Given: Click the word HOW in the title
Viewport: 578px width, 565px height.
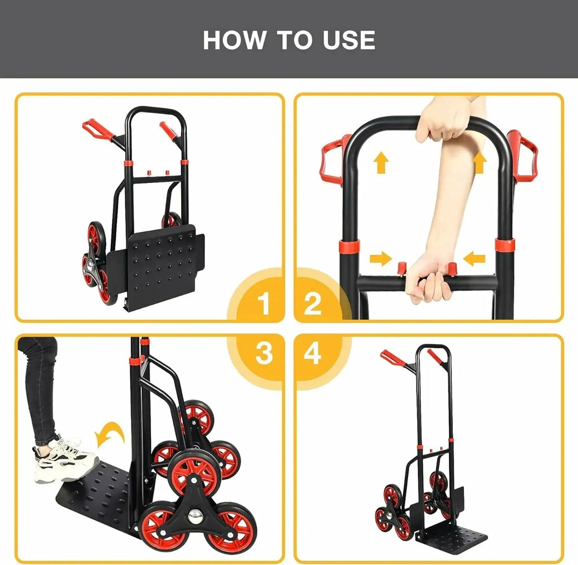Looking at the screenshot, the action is click(x=234, y=40).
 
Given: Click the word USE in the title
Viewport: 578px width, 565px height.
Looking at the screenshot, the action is click(x=349, y=40).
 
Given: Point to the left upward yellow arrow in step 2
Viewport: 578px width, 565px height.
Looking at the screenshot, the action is click(x=381, y=163).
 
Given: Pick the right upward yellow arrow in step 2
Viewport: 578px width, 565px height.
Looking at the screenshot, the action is click(x=479, y=163).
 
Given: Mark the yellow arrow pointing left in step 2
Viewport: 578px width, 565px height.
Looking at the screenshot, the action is click(x=474, y=259).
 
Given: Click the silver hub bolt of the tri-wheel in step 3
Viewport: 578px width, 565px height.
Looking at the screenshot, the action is click(x=194, y=516).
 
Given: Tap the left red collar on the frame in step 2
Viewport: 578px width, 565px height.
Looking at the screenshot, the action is click(x=349, y=246).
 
